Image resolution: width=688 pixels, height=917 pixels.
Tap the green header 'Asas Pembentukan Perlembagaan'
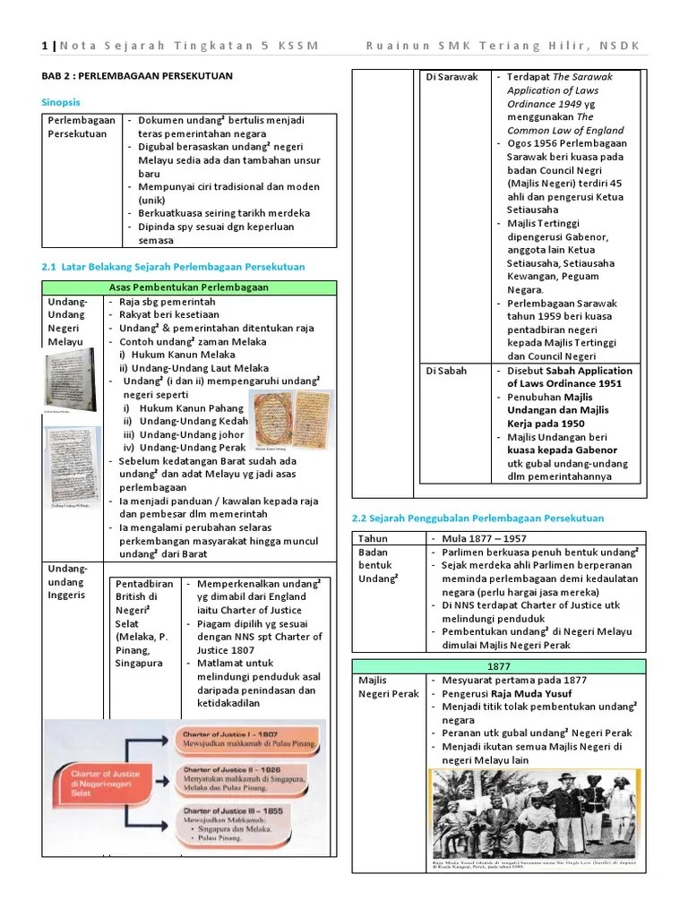pyautogui.click(x=188, y=287)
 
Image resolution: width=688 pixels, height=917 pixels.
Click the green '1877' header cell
pyautogui.click(x=499, y=666)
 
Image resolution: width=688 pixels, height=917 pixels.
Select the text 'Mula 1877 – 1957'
pyautogui.click(x=484, y=538)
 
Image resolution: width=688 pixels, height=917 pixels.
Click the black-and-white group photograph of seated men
pyautogui.click(x=535, y=813)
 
